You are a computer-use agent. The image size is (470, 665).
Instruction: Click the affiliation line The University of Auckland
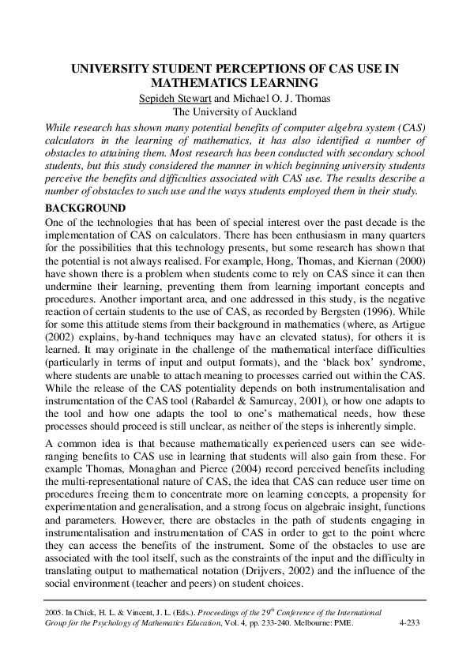click(x=235, y=111)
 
